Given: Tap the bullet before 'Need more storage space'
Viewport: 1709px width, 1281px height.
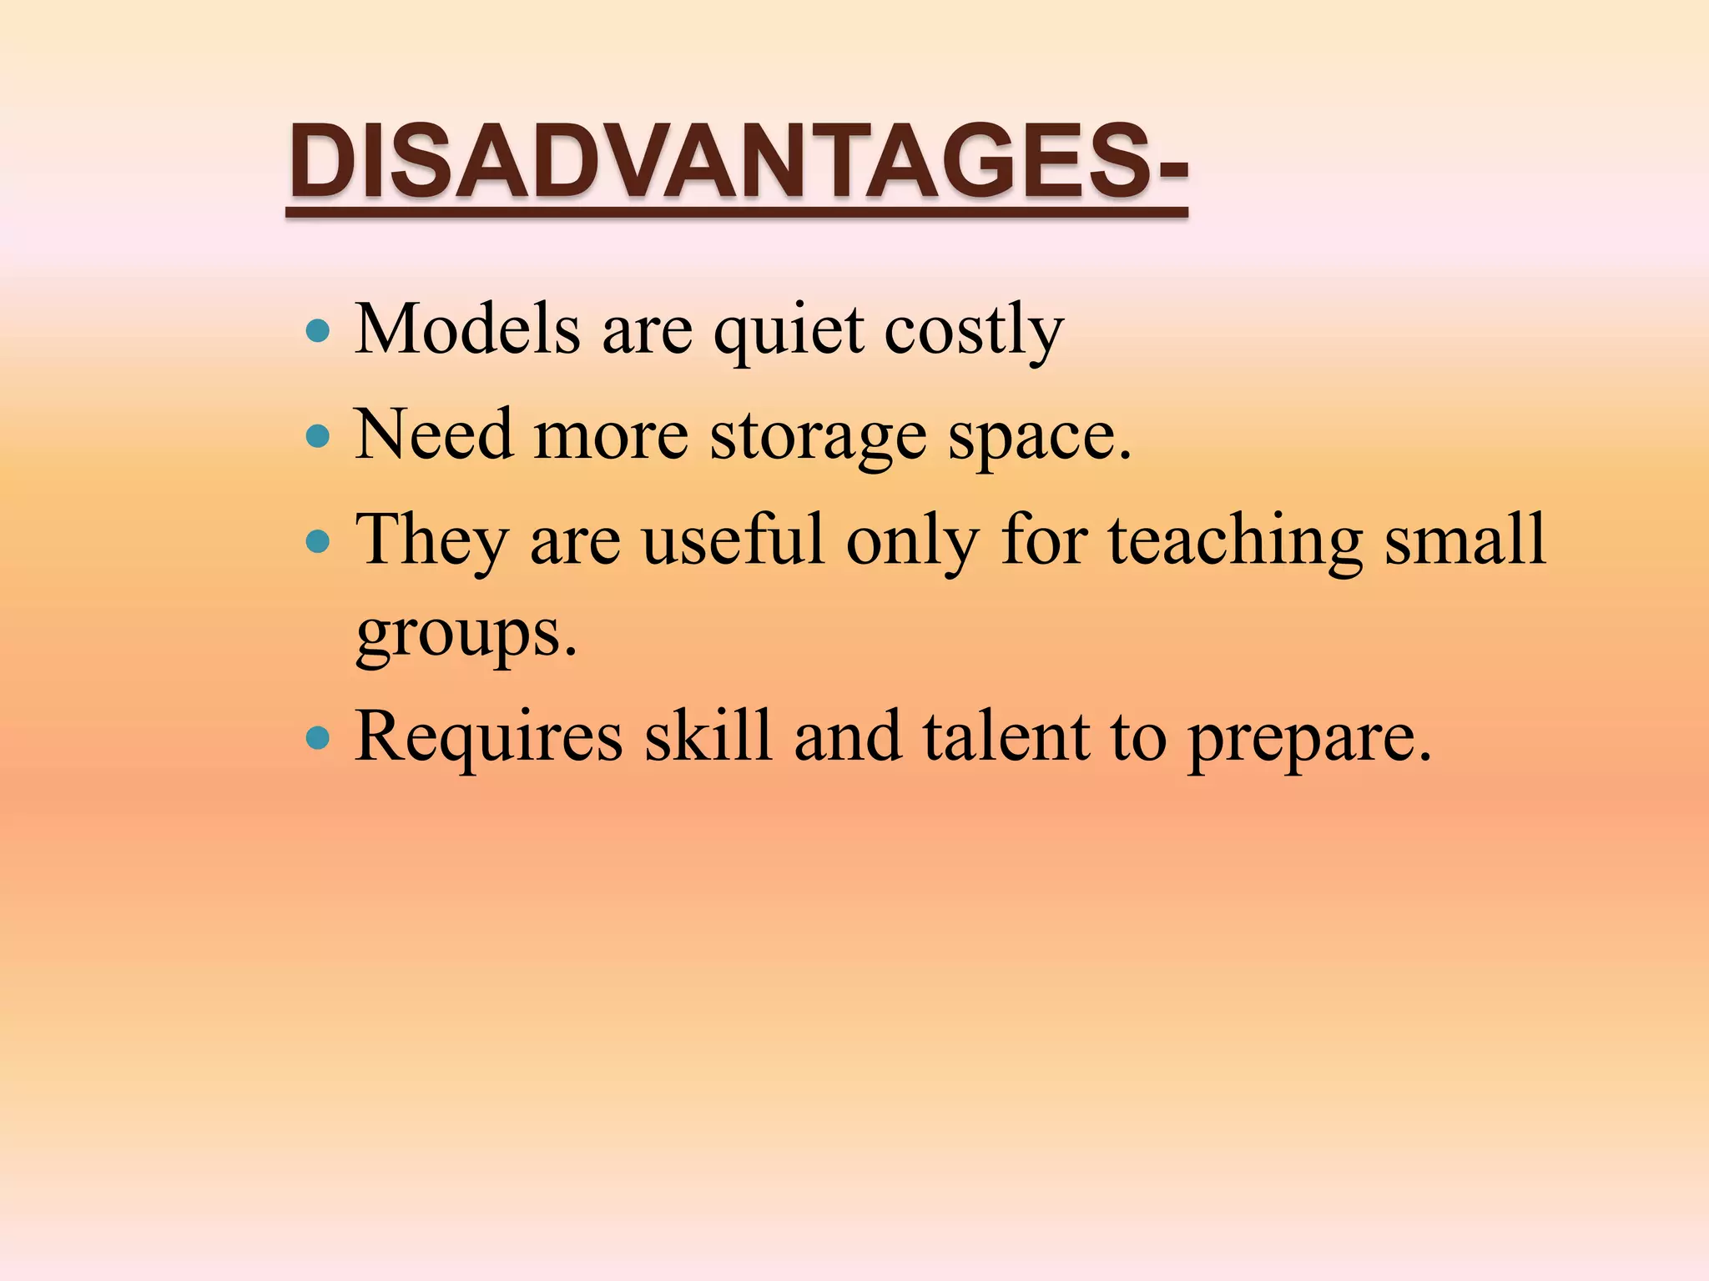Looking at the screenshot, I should click(318, 435).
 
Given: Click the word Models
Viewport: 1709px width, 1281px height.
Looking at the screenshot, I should click(467, 329).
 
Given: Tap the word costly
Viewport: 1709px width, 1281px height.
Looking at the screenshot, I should click(974, 332).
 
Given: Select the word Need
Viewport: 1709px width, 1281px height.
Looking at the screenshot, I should click(434, 435).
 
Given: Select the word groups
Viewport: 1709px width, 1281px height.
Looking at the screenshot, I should click(466, 635).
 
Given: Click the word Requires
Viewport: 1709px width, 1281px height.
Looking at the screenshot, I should click(489, 737).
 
